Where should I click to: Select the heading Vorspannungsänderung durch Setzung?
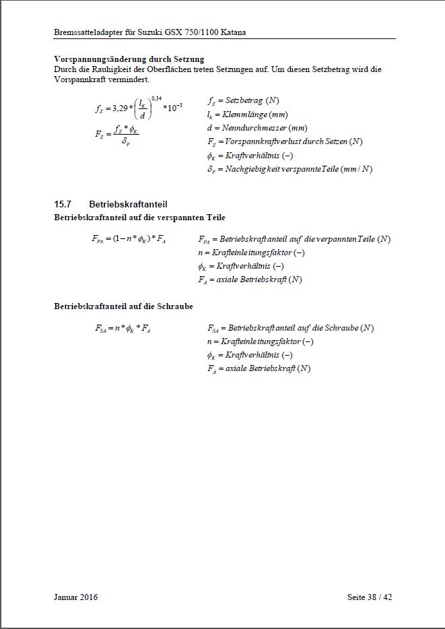(x=129, y=59)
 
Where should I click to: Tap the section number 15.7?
(x=63, y=203)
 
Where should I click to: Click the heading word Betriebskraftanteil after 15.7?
(x=128, y=203)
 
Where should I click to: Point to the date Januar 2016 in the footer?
(x=75, y=597)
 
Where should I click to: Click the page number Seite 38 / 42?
(x=369, y=597)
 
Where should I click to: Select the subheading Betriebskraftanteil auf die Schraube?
(x=123, y=306)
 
